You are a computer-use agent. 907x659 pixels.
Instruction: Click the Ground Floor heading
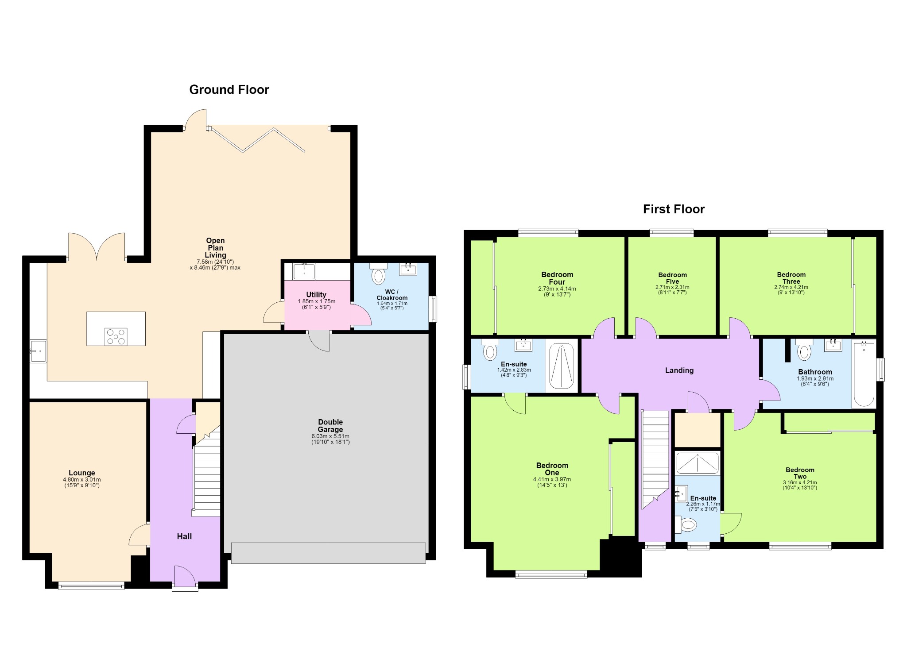pos(229,90)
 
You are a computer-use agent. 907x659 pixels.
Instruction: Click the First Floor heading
pos(674,209)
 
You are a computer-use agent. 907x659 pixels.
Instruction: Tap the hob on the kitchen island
pos(116,336)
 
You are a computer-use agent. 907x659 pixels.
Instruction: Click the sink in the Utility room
pos(304,271)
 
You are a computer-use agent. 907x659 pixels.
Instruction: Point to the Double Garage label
pos(330,426)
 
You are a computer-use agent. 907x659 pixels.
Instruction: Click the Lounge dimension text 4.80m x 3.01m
pos(82,480)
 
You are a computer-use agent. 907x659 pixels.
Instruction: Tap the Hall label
pos(184,536)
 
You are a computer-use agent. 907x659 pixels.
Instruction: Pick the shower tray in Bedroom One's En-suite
pos(561,366)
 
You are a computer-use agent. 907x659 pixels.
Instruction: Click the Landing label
pos(679,370)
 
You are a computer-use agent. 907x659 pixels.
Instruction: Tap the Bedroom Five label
pos(672,278)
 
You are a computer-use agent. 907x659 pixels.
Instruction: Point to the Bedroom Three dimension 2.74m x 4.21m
pos(791,287)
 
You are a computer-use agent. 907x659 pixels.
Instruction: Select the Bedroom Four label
pos(557,278)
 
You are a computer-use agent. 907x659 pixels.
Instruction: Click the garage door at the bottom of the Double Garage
pos(328,553)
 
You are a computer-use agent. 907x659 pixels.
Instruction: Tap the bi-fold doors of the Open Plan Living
pos(258,139)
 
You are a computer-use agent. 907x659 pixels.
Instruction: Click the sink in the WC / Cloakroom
pos(408,269)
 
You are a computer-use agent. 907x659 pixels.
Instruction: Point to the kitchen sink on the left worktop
pos(38,351)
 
